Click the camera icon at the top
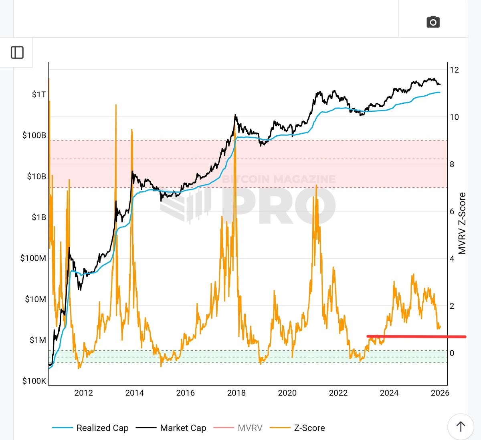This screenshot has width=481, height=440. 433,22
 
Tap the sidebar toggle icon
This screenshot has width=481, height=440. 17,52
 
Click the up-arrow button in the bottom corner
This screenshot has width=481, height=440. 461,427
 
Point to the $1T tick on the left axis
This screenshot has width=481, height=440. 39,94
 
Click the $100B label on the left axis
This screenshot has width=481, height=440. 34,135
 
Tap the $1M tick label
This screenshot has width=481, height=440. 38,340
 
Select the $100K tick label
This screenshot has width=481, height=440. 34,381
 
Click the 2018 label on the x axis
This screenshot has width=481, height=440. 236,393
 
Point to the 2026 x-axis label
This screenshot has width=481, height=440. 440,393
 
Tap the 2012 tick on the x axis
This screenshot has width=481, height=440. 83,393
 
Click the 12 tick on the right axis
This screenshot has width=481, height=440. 454,70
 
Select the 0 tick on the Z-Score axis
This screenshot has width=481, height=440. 452,353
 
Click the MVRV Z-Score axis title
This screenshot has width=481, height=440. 462,223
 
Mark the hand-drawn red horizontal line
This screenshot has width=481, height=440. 417,337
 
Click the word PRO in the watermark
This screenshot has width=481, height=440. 279,205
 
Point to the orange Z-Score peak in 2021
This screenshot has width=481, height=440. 317,186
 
